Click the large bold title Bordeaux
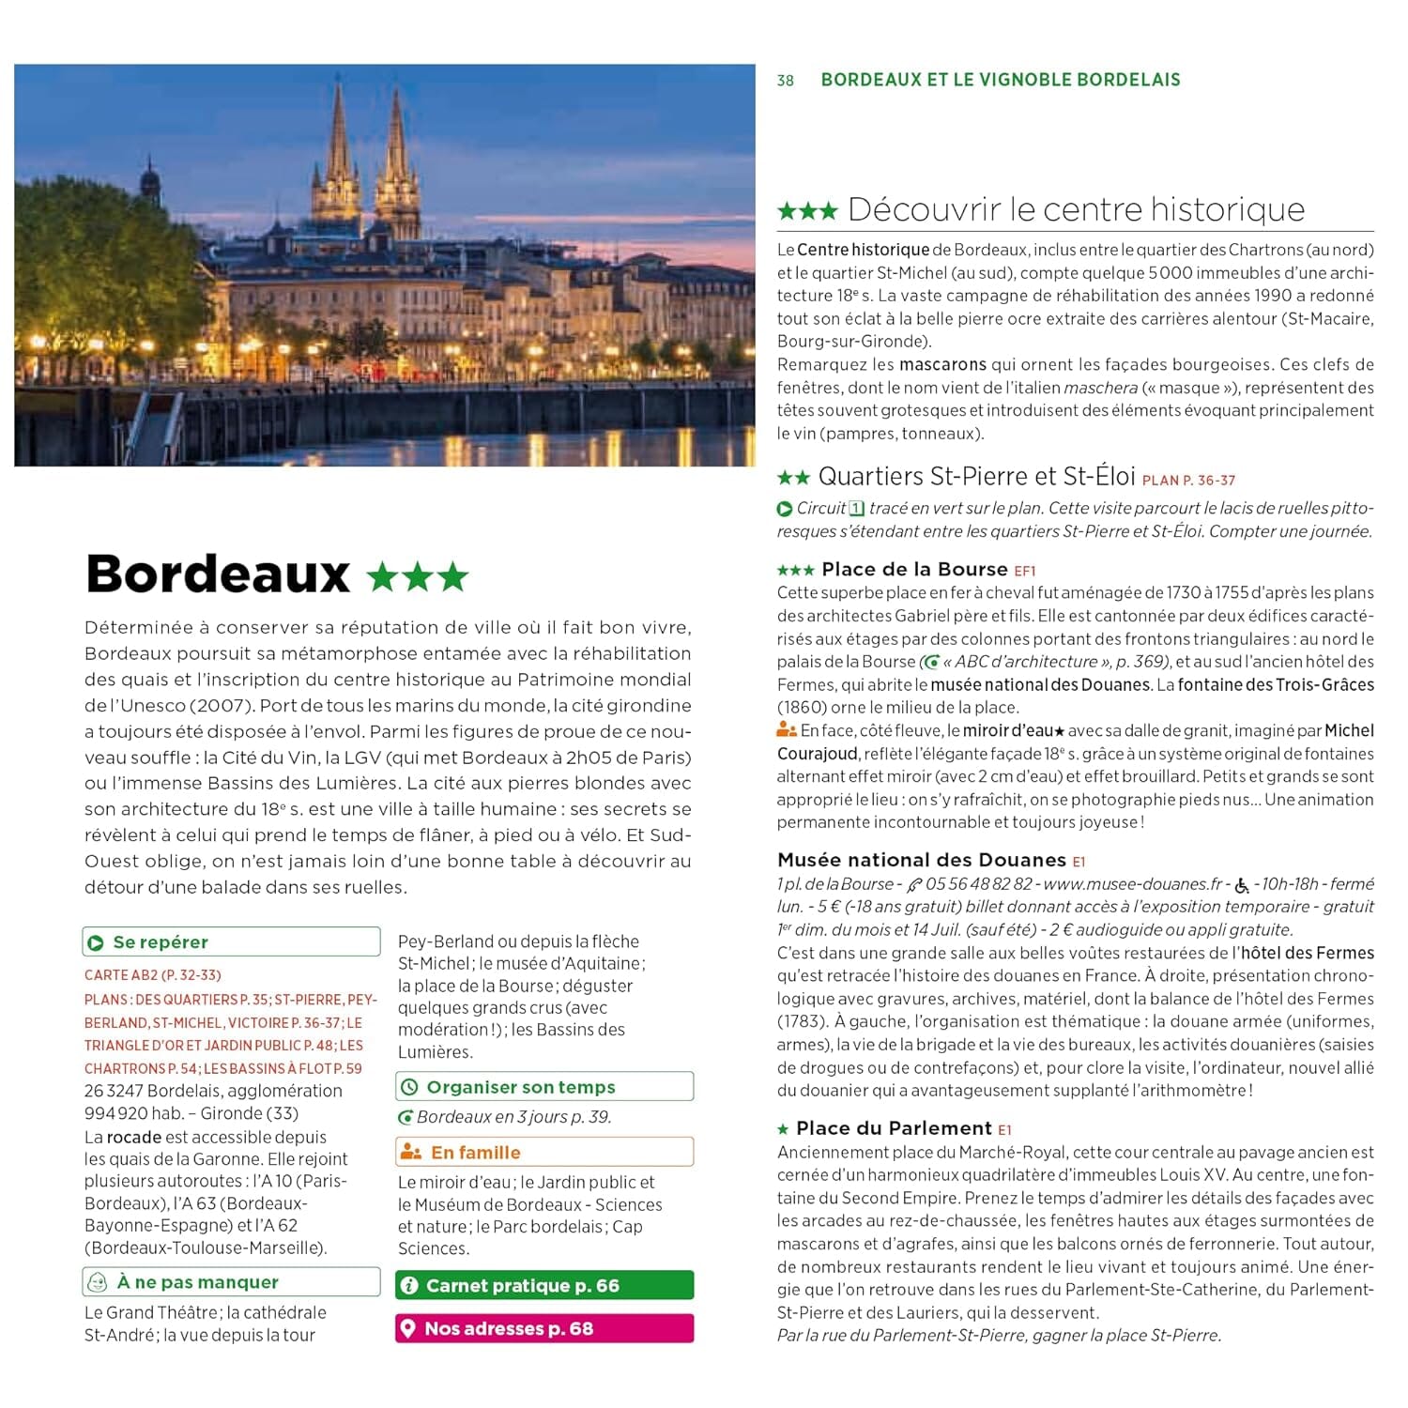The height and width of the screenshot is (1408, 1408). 218,574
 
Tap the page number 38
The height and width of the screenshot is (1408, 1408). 786,81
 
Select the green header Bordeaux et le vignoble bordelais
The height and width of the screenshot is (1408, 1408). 1001,80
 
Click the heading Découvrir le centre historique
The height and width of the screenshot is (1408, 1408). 1076,209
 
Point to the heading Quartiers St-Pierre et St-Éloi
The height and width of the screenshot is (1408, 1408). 976,477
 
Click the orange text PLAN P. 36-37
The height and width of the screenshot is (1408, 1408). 1188,481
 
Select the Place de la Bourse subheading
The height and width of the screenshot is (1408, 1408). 913,570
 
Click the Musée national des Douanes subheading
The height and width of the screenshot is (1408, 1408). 921,860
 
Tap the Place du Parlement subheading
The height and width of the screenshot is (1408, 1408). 893,1128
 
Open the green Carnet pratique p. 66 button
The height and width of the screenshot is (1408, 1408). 544,1285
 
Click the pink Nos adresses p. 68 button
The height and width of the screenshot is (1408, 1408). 544,1328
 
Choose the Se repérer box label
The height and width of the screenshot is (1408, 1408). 160,941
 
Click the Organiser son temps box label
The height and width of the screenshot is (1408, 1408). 521,1087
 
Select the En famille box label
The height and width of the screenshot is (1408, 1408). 475,1153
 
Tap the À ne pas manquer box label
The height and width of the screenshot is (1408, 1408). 197,1282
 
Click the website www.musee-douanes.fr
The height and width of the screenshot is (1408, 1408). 1133,884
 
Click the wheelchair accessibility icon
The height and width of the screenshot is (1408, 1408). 1242,885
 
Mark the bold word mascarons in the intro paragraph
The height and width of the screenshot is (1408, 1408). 942,364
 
